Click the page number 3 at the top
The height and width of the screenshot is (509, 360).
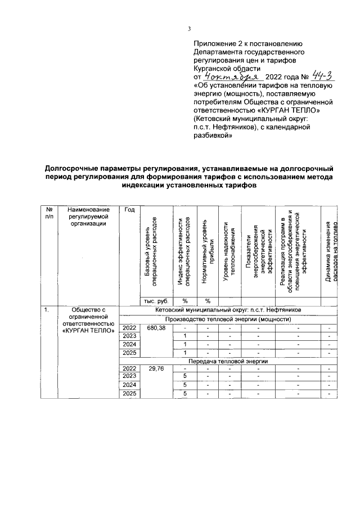[190, 30]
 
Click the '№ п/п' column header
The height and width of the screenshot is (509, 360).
[48, 213]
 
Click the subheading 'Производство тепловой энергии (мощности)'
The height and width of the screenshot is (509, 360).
[227, 319]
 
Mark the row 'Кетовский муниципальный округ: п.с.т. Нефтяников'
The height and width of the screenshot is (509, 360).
[227, 310]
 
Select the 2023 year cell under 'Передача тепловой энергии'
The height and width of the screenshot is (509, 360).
[129, 376]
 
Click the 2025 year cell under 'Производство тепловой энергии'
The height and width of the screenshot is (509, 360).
[129, 352]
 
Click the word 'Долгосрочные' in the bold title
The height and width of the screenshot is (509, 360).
[71, 168]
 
